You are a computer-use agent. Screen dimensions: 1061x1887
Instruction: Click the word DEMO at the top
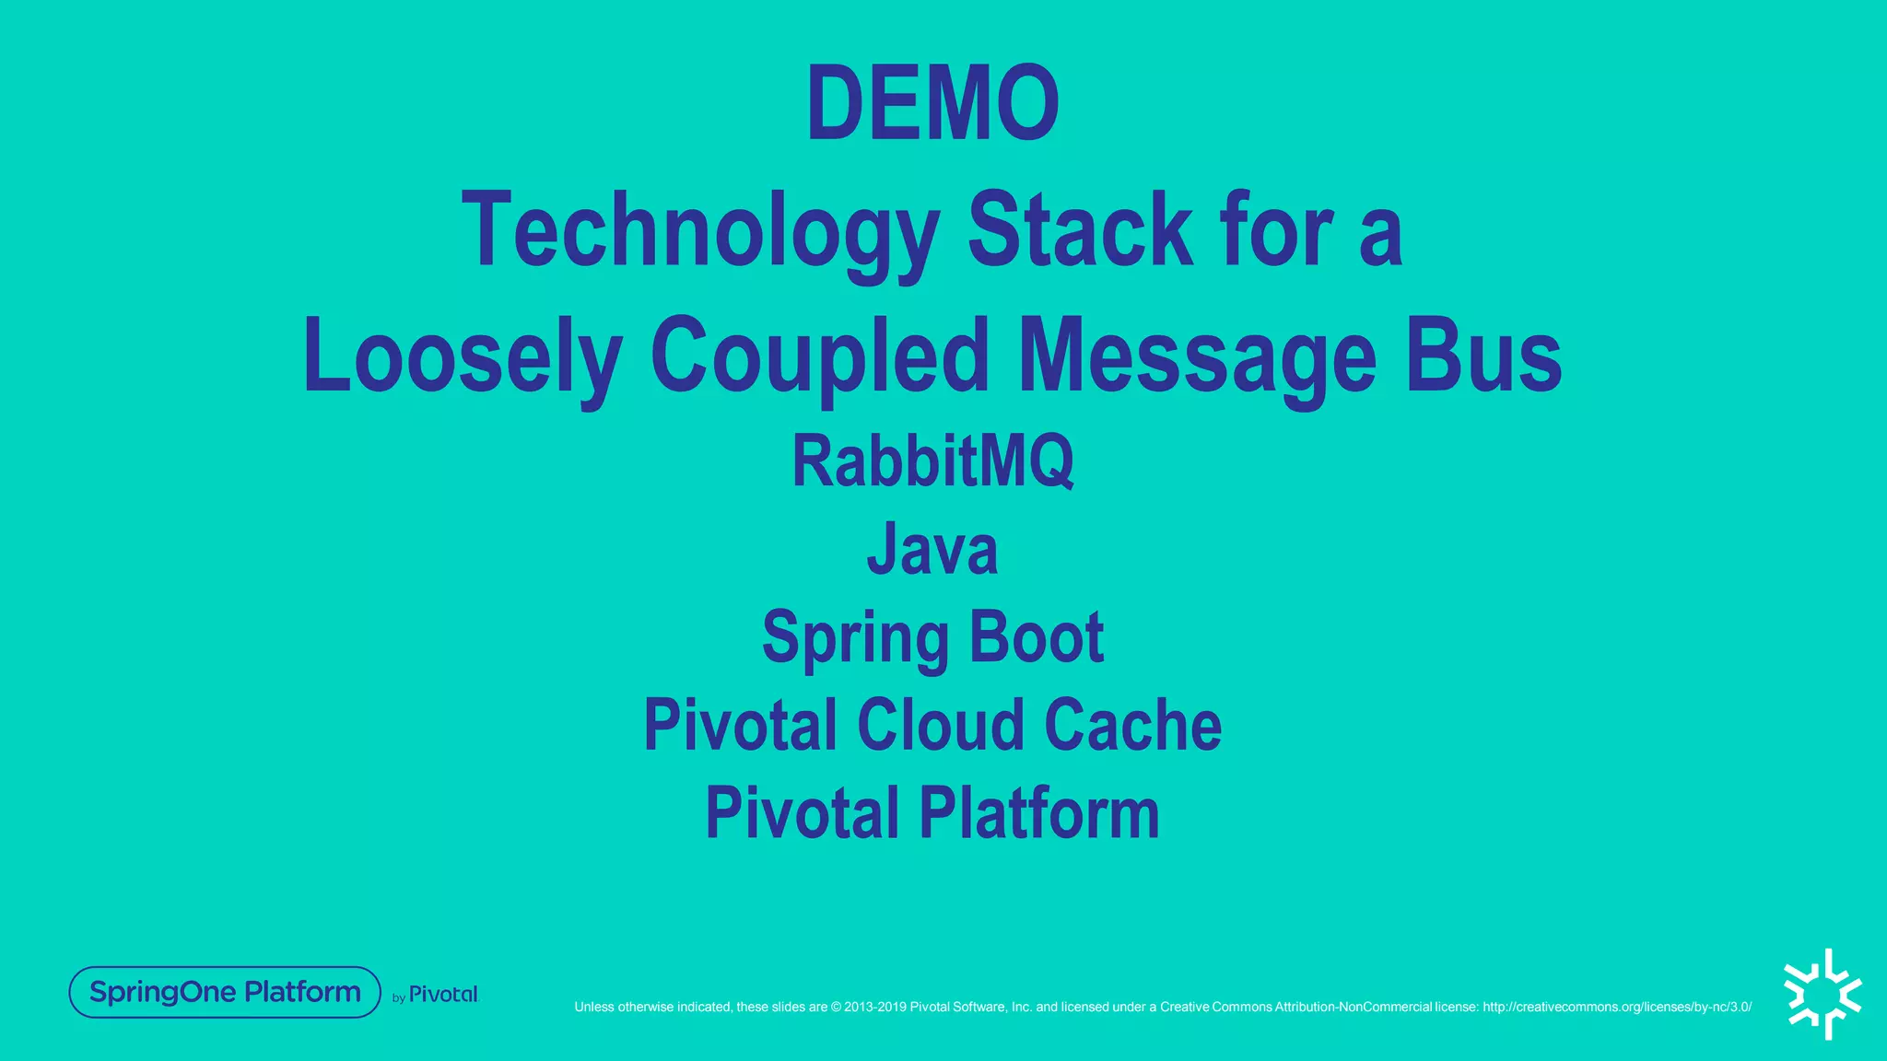pyautogui.click(x=932, y=103)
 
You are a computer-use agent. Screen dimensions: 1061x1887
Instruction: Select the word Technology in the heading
pyautogui.click(x=700, y=230)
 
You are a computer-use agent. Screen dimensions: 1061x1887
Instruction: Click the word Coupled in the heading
pyautogui.click(x=820, y=357)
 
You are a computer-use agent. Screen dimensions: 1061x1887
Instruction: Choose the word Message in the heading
pyautogui.click(x=1198, y=357)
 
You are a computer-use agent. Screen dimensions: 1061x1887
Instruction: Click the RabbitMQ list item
pyautogui.click(x=932, y=461)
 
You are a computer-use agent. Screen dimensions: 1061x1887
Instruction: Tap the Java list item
pyautogui.click(x=932, y=549)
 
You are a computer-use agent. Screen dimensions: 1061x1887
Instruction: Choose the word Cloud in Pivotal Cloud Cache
pyautogui.click(x=940, y=725)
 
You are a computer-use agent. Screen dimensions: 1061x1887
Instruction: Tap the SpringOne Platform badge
pyautogui.click(x=225, y=992)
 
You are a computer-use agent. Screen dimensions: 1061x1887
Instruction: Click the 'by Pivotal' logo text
pyautogui.click(x=436, y=995)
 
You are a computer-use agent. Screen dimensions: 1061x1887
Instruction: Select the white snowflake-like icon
pyautogui.click(x=1823, y=995)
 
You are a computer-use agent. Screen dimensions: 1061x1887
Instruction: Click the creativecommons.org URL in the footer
pyautogui.click(x=1617, y=1007)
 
